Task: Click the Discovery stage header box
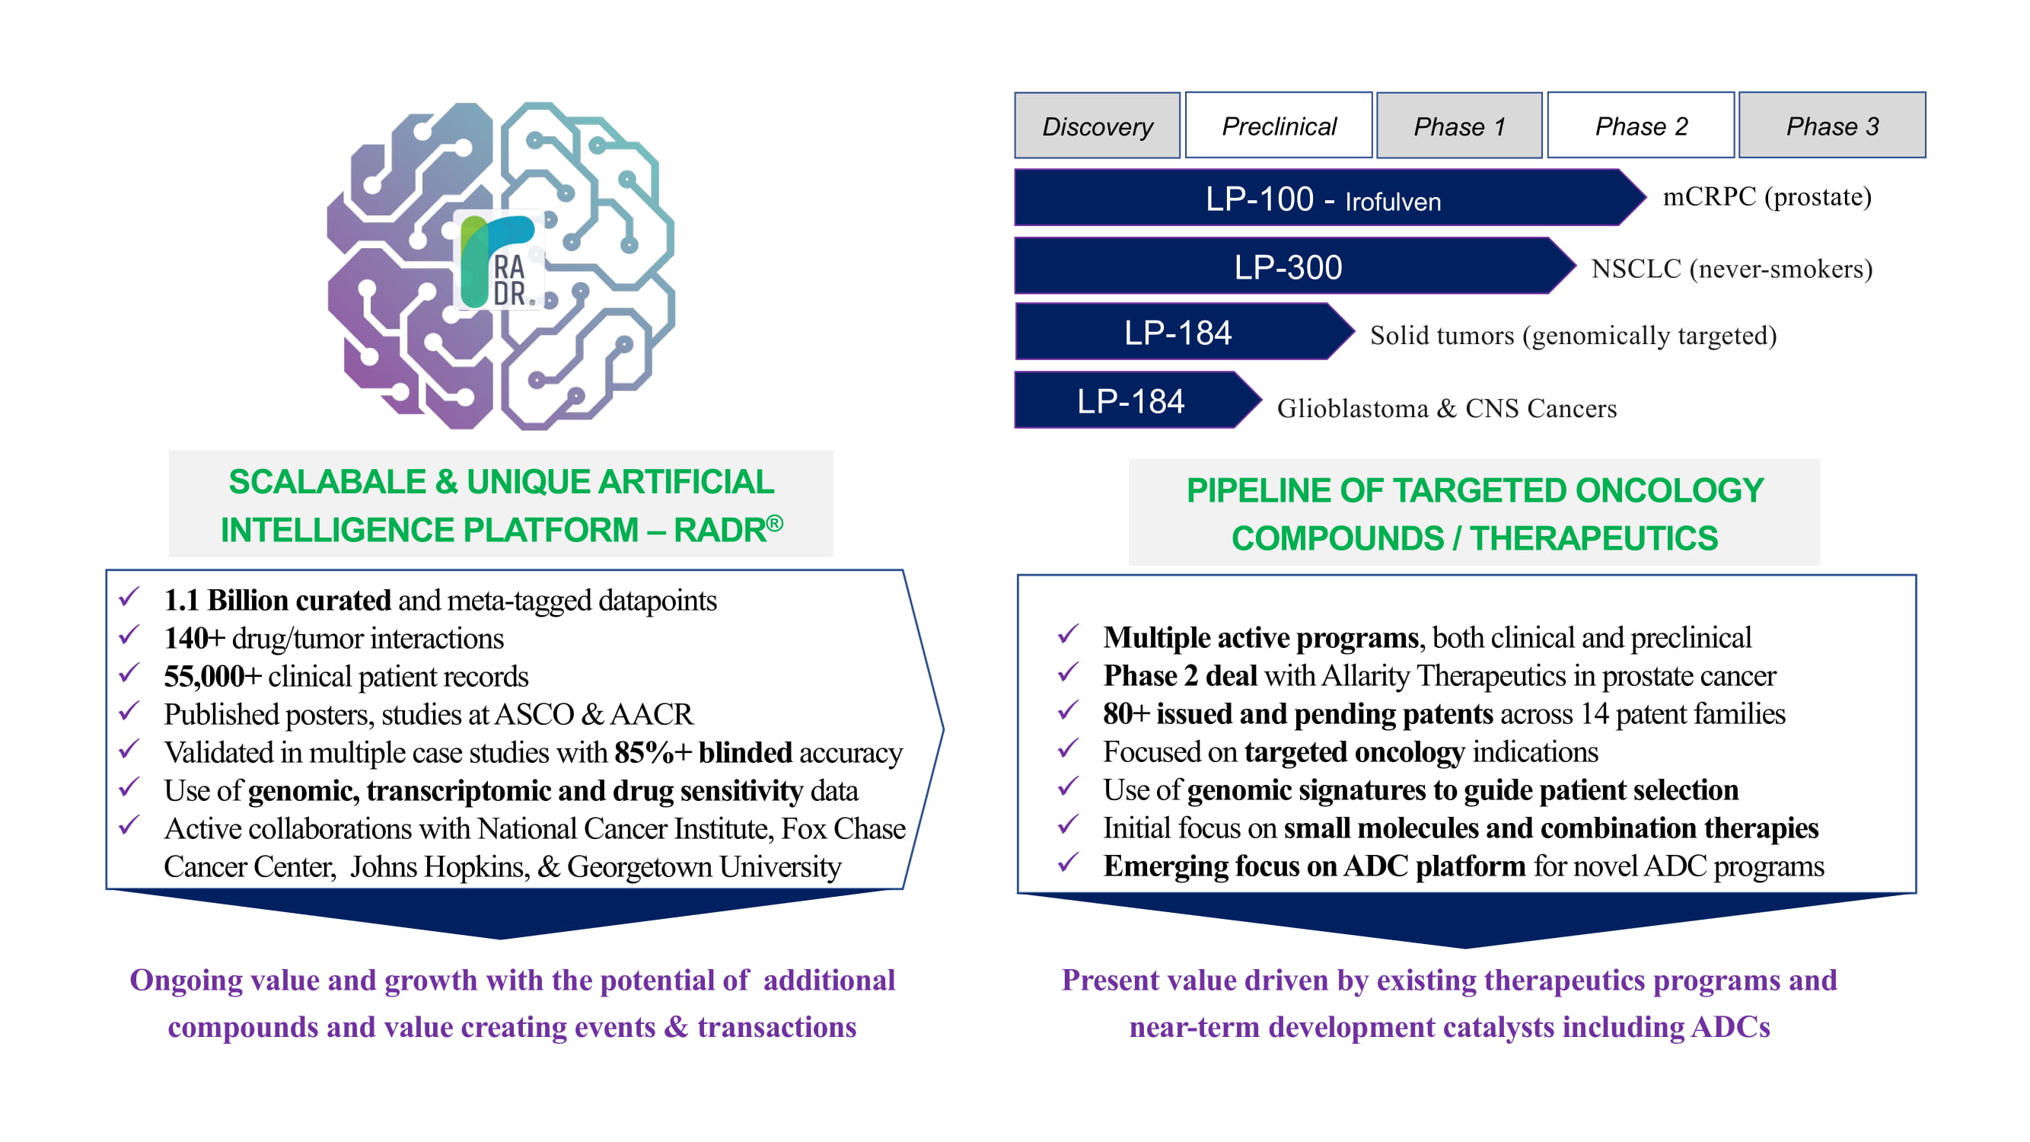(1097, 126)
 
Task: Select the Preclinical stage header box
(1278, 126)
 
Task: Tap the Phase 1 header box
(1458, 126)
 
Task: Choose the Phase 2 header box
(1641, 126)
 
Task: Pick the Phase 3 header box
(1832, 126)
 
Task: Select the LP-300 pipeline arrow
(1288, 267)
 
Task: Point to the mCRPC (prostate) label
(1767, 196)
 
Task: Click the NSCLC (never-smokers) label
(1732, 269)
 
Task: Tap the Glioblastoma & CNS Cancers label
(1446, 408)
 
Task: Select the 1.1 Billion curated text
(276, 601)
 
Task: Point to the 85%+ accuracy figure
(652, 753)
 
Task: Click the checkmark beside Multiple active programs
(1068, 634)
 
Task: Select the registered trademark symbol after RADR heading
(775, 522)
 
